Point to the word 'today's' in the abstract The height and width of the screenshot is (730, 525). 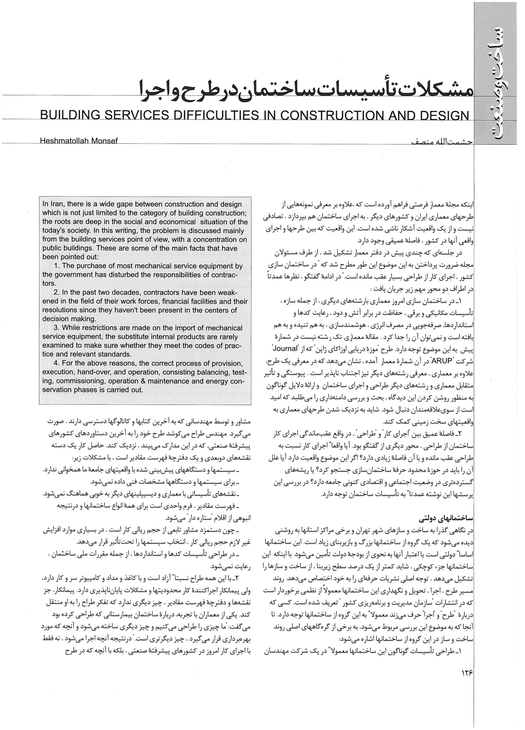click(x=53, y=231)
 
